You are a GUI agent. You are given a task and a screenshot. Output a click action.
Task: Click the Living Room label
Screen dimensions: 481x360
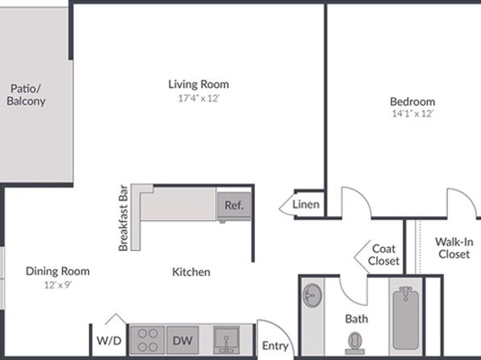199,84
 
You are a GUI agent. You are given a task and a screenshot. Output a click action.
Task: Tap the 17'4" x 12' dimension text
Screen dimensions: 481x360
199,98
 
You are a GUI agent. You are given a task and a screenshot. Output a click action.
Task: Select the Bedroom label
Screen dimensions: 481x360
412,101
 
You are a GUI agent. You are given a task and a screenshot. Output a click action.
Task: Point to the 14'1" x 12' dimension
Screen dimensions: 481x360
412,114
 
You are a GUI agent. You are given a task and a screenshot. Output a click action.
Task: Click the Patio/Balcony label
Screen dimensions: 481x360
26,94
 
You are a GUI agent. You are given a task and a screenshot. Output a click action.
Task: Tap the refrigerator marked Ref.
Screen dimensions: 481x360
234,206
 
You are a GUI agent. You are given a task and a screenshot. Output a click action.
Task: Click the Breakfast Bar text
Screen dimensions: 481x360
123,218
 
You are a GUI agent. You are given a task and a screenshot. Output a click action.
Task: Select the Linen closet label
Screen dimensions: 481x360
306,204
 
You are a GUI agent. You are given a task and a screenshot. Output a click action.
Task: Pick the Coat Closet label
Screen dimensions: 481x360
384,255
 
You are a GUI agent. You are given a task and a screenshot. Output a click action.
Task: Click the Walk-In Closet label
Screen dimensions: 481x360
454,248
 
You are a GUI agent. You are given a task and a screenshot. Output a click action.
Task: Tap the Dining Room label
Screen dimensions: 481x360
57,271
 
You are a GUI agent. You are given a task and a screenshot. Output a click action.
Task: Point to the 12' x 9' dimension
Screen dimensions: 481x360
57,285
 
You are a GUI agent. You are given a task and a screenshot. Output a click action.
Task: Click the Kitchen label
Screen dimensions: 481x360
191,272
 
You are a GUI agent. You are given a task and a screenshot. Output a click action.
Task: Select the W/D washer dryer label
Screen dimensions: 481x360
109,341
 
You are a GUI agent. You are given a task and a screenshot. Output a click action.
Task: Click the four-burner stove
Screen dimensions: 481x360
148,340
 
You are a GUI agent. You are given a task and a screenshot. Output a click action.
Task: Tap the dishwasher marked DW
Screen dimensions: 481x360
182,340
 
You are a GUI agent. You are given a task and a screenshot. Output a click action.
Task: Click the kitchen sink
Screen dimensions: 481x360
227,340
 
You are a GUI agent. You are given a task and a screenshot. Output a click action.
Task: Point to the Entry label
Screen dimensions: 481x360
275,346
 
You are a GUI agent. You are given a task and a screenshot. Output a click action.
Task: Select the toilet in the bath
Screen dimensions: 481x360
355,343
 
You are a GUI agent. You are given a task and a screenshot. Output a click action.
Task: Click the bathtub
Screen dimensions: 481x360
405,318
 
